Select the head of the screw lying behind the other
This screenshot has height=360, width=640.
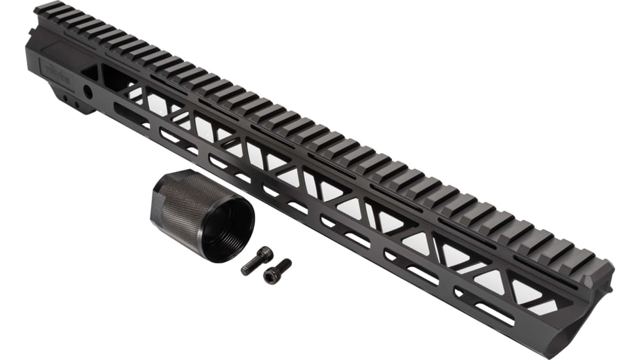coord(264,253)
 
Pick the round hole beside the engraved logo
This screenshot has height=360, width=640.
coord(86,90)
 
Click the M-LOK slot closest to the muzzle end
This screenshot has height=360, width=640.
coord(494,314)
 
